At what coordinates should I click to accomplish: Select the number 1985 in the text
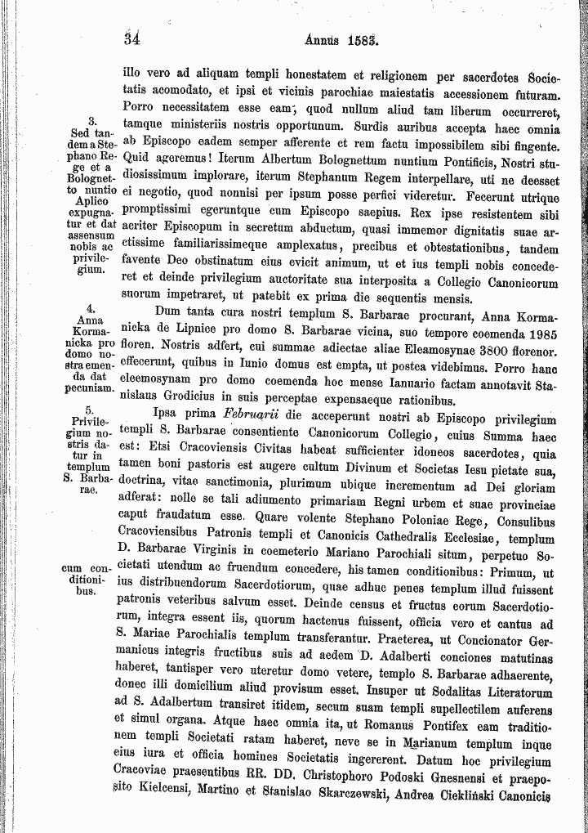[542, 333]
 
